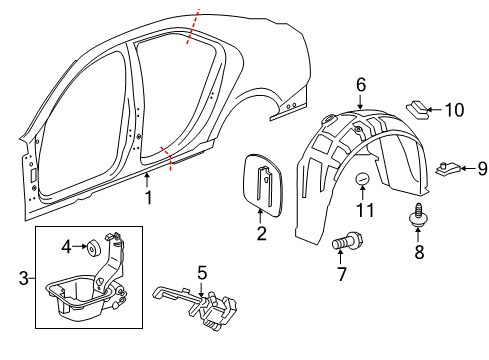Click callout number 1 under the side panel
point(148,198)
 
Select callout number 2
point(261,235)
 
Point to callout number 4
point(67,246)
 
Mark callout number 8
point(419,253)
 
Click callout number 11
point(365,210)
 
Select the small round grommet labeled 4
point(92,244)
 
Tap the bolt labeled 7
point(346,242)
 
